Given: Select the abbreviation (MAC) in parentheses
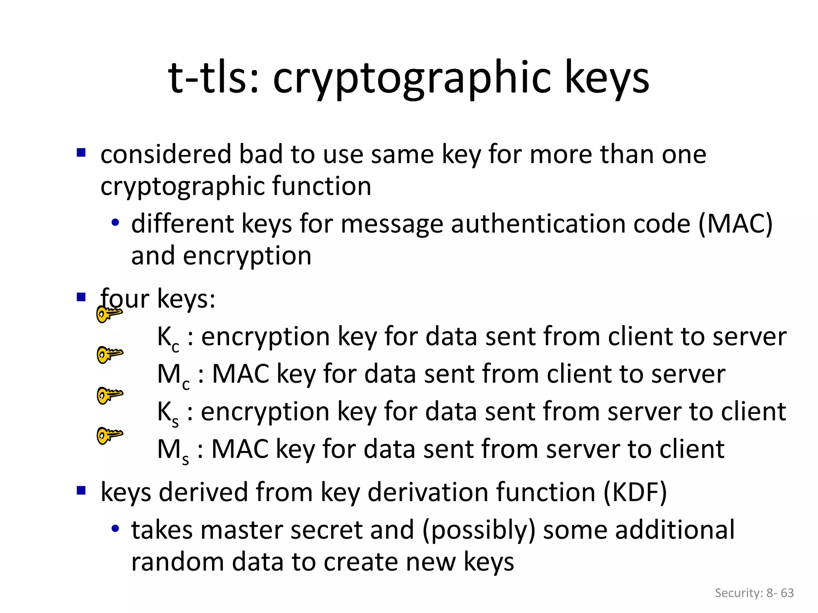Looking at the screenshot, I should click(x=735, y=223).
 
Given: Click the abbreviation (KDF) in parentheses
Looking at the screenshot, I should click(x=635, y=492).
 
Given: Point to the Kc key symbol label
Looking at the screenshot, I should click(x=168, y=338).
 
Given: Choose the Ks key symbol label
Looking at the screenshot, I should click(x=168, y=413).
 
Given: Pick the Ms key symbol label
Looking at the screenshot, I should click(x=173, y=450).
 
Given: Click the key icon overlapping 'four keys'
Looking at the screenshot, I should click(x=109, y=314).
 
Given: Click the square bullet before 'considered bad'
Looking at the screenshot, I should click(x=81, y=153).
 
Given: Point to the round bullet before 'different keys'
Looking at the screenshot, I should click(x=115, y=223).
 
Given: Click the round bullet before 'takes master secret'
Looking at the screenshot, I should click(x=115, y=529).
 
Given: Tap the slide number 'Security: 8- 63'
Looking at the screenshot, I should click(x=754, y=593).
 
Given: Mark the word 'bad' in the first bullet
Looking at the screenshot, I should click(x=261, y=154).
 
